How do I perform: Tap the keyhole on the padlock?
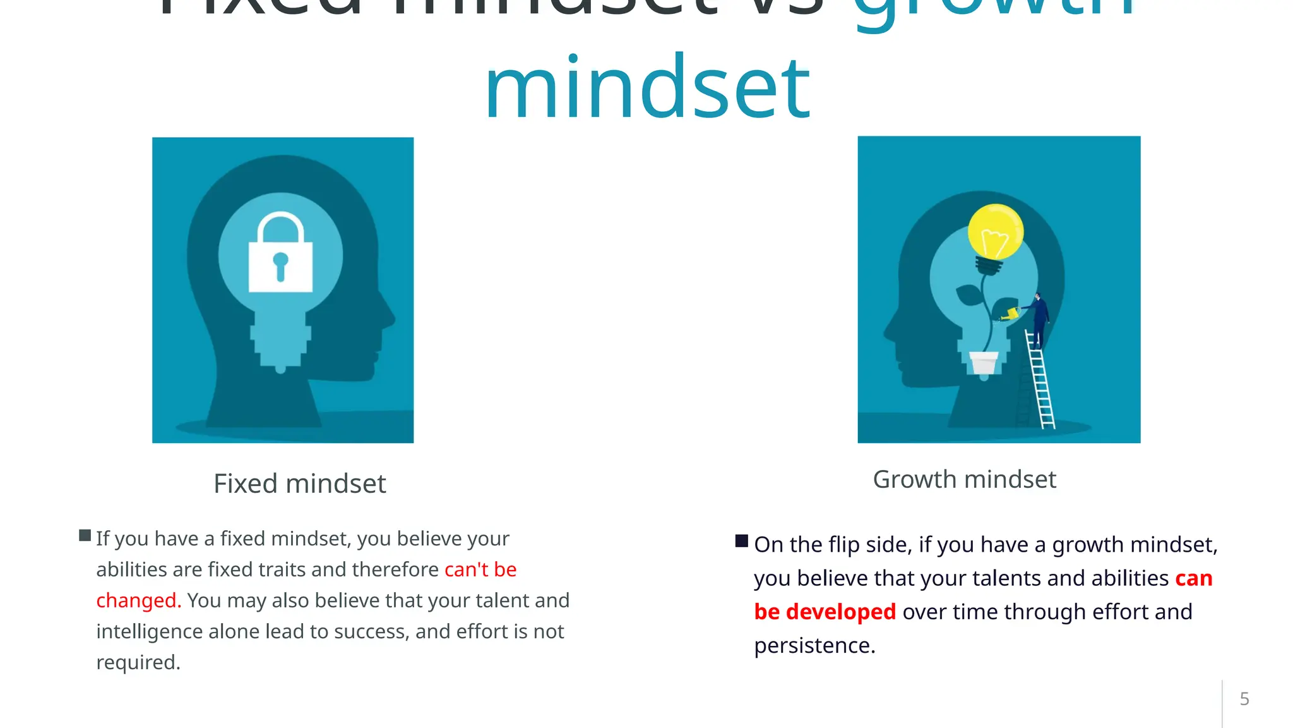280,264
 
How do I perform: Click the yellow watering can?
1011,313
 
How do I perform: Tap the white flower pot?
984,363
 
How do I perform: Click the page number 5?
1244,699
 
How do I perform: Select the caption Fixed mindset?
300,483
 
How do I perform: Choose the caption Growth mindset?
964,479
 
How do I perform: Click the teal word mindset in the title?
647,88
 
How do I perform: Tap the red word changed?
138,600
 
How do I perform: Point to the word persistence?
814,646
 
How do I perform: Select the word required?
138,662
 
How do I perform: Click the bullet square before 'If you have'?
85,536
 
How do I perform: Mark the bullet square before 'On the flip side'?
742,541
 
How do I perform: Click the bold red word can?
1193,578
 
